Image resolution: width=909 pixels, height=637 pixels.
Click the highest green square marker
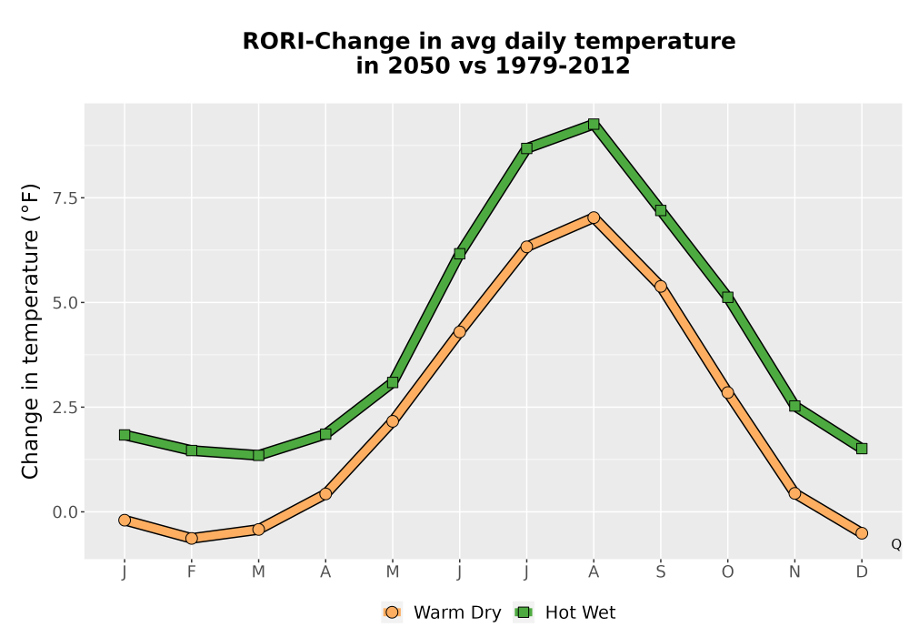(x=593, y=124)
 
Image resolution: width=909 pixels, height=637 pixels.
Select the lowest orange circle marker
(x=191, y=539)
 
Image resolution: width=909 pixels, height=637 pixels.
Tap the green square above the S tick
(x=660, y=210)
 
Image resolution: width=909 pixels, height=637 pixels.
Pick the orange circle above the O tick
(x=727, y=393)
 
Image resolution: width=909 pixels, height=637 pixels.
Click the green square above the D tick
(x=862, y=449)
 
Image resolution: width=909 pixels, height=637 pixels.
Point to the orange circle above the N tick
(x=794, y=494)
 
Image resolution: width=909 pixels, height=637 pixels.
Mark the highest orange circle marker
(x=593, y=217)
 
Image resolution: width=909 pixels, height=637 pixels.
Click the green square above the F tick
(x=191, y=450)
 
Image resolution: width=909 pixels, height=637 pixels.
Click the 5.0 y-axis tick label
(x=65, y=303)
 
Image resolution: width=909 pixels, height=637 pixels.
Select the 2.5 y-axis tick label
(x=65, y=408)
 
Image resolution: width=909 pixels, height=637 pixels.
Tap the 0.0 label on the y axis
(x=65, y=512)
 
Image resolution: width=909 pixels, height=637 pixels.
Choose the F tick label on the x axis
(x=191, y=572)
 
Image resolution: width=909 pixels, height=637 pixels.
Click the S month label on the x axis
(x=660, y=572)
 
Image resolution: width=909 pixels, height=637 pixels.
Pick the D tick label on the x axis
(x=862, y=572)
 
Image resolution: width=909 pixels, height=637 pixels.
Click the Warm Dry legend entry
(x=442, y=612)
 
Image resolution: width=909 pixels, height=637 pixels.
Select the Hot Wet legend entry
(x=564, y=612)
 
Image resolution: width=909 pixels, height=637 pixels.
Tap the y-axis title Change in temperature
(x=30, y=331)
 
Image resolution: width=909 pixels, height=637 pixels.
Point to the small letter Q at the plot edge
(x=896, y=544)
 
